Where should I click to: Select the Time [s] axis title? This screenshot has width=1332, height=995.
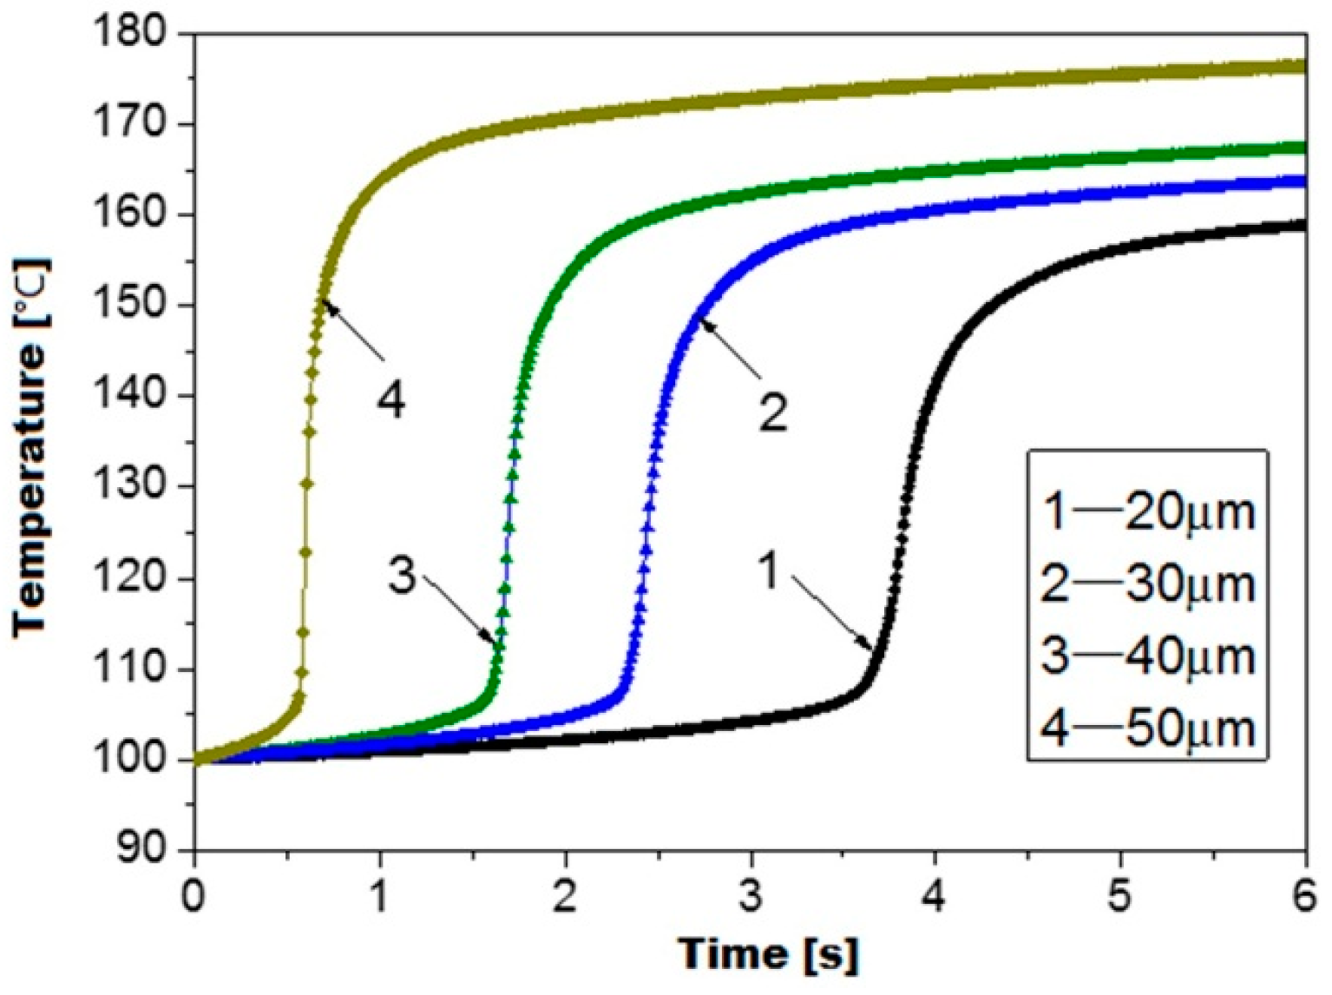point(769,954)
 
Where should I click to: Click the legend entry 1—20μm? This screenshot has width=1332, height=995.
point(1148,512)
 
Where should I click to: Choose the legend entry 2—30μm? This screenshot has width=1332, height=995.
point(1148,584)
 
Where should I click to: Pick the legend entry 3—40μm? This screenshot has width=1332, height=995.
point(1148,656)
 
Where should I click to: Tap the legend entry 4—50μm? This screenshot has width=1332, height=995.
point(1148,728)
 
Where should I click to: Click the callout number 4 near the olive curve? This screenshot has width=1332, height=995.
point(390,400)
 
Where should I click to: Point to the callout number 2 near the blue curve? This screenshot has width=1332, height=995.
point(772,412)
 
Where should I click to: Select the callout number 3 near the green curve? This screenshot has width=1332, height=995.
point(402,575)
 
